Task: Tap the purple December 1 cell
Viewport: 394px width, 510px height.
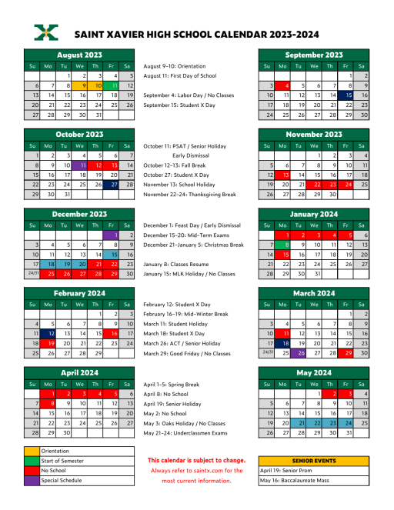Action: [x=113, y=235]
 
